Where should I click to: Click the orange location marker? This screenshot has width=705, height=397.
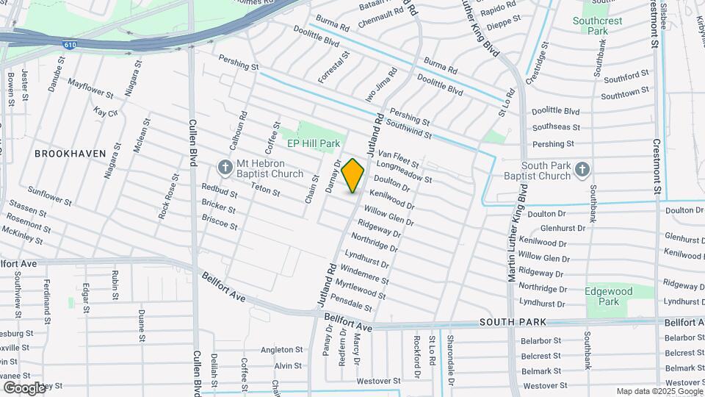tap(353, 176)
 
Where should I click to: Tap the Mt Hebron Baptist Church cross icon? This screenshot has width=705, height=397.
tap(225, 168)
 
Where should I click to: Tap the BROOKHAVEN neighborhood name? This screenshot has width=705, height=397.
tap(70, 154)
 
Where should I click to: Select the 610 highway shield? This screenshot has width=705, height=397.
tap(68, 45)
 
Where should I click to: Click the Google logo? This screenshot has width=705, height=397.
tap(23, 387)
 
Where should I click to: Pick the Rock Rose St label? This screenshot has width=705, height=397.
tap(168, 196)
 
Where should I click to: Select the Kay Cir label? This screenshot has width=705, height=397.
tap(106, 112)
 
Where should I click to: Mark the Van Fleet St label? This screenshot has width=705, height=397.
tap(399, 157)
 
